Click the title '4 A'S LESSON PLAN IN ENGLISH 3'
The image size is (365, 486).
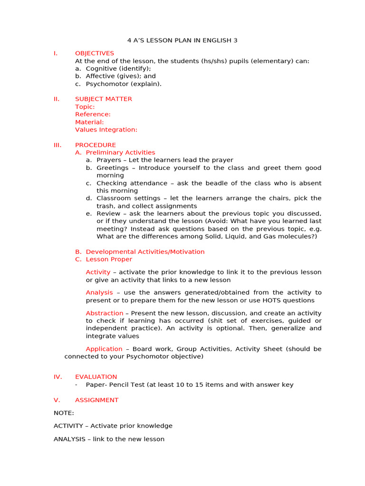(182, 40)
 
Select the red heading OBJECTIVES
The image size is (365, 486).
(95, 53)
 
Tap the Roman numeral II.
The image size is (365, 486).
(57, 99)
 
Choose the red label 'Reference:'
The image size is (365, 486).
(93, 114)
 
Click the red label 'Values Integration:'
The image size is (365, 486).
(106, 130)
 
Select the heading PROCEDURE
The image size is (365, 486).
(95, 145)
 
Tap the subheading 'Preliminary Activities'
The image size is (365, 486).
(120, 152)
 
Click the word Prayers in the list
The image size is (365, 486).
(109, 160)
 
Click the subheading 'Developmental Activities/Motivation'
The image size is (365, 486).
(145, 252)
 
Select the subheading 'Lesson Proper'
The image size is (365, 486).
(109, 259)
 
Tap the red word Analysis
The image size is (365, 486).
(99, 292)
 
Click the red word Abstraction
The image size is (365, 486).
(104, 313)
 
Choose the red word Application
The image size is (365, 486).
(104, 349)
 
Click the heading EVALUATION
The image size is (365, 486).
(96, 377)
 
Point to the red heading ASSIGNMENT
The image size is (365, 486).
(96, 400)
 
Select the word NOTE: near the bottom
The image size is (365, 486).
(64, 413)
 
